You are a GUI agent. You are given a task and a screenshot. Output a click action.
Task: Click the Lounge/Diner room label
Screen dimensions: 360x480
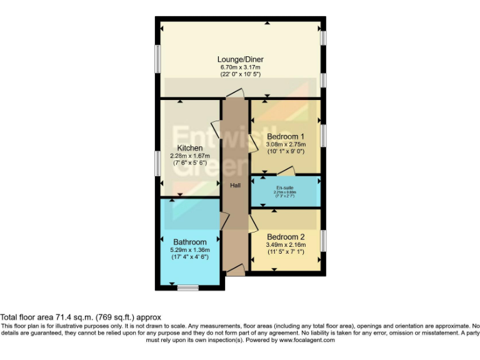[x=240, y=59]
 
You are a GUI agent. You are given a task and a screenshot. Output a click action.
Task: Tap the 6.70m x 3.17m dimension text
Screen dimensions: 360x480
[x=240, y=67]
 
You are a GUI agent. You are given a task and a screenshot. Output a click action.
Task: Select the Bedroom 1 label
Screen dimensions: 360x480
[x=286, y=136]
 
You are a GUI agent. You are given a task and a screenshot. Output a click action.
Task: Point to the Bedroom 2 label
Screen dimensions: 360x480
[x=286, y=237]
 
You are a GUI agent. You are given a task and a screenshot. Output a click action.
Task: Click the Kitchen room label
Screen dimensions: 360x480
[x=189, y=147]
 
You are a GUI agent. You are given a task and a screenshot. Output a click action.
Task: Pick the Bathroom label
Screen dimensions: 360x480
[x=190, y=242]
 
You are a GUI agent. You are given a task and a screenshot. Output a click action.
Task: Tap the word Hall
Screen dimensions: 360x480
[x=235, y=185]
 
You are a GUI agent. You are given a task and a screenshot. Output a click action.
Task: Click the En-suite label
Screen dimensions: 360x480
[x=286, y=187]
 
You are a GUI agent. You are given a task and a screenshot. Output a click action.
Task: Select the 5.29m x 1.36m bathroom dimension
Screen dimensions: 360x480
[x=190, y=249]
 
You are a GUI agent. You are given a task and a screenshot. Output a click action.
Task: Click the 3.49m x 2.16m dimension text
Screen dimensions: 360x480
[x=286, y=245]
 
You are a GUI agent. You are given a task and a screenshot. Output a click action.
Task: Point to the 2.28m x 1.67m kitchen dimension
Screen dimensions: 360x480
[x=189, y=155]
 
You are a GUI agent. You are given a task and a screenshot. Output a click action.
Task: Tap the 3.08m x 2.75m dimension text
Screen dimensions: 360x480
[x=286, y=144]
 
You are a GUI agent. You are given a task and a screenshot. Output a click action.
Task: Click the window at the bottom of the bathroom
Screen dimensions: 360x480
[x=187, y=287]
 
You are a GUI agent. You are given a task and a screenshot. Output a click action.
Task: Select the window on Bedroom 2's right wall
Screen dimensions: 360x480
[x=324, y=240]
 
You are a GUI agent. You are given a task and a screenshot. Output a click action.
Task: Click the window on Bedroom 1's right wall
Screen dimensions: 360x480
[x=324, y=136]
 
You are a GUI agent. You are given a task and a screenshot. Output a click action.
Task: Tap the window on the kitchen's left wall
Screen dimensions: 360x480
[x=157, y=164]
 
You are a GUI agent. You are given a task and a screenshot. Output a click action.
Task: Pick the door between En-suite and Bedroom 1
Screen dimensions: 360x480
[x=286, y=172]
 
